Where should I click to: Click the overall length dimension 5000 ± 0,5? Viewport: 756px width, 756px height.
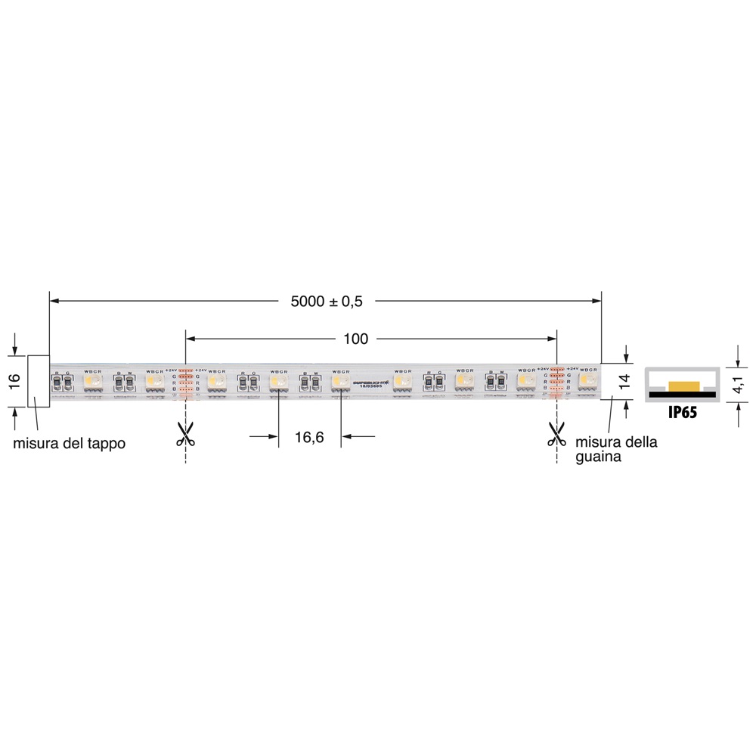(327, 301)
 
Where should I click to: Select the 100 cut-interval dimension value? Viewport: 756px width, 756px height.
(355, 339)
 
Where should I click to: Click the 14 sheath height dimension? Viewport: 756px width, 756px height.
(624, 380)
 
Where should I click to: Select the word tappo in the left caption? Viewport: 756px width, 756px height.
(102, 444)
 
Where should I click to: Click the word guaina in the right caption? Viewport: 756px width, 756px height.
(598, 457)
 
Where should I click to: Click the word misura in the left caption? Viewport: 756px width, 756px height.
(36, 444)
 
